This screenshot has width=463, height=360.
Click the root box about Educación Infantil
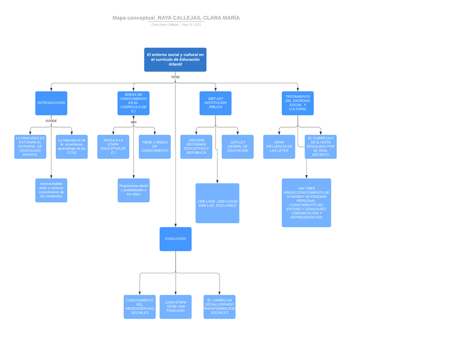pyautogui.click(x=175, y=59)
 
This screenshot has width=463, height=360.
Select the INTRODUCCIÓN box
pyautogui.click(x=51, y=103)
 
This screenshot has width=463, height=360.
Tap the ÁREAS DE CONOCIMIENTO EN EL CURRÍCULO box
pyautogui.click(x=133, y=103)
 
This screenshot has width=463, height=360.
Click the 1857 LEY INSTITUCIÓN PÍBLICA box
pyautogui.click(x=215, y=103)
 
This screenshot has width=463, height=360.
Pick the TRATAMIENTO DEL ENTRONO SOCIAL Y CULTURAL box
pyautogui.click(x=298, y=103)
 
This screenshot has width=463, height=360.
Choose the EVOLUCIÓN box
pyautogui.click(x=175, y=239)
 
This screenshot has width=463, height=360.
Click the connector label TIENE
pyautogui.click(x=175, y=77)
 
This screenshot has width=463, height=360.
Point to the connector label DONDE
pyautogui.click(x=51, y=121)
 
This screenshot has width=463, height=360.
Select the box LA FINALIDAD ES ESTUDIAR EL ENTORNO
pyautogui.click(x=30, y=147)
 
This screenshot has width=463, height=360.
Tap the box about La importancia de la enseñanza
pyautogui.click(x=72, y=147)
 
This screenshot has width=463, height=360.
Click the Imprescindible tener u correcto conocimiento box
pyautogui.click(x=51, y=190)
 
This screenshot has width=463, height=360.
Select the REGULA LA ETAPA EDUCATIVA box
pyautogui.click(x=113, y=147)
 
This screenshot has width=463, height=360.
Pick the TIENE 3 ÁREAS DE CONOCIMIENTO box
pyautogui.click(x=155, y=147)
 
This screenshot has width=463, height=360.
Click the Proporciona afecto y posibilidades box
pyautogui.click(x=133, y=190)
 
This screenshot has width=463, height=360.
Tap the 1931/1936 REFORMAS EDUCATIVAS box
pyautogui.click(x=196, y=147)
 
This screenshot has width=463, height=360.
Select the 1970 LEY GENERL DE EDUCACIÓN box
pyautogui.click(x=238, y=147)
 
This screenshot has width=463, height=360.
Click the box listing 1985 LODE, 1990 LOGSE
pyautogui.click(x=217, y=203)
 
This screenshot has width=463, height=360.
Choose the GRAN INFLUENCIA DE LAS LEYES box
pyautogui.click(x=279, y=147)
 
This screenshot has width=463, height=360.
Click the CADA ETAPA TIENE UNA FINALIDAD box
pyautogui.click(x=175, y=307)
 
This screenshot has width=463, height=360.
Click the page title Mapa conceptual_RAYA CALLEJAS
pyautogui.click(x=176, y=18)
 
